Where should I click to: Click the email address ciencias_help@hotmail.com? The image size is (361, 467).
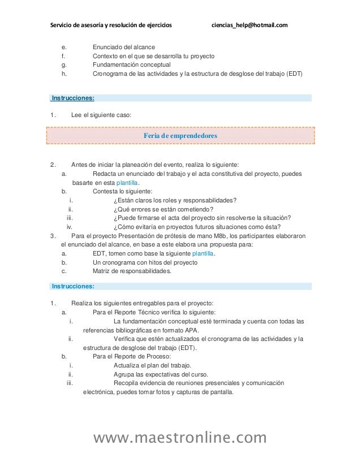[249, 25]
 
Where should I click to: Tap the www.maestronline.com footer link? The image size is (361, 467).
[180, 438]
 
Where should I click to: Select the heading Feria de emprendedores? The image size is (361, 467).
[180, 136]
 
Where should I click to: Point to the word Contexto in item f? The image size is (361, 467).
[106, 57]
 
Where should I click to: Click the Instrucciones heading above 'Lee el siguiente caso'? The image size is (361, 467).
[73, 98]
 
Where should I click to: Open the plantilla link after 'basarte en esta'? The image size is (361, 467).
[127, 183]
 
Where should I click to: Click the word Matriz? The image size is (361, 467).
[102, 271]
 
